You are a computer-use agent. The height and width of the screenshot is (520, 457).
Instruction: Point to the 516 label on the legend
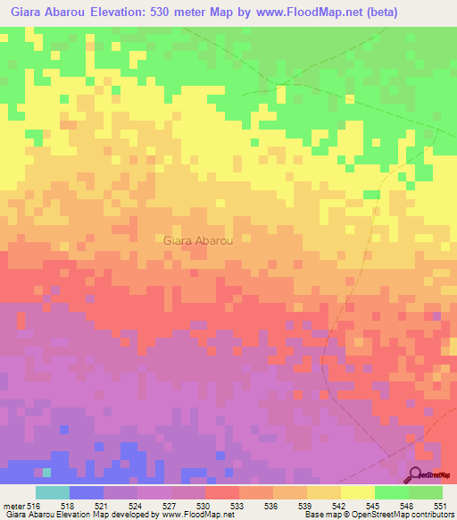pos(34,506)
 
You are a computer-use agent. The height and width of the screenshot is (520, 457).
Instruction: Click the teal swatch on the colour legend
pos(53,492)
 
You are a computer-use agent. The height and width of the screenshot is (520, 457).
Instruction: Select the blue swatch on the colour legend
pos(87,492)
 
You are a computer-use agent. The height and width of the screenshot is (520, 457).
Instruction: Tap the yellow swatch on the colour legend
pos(358,492)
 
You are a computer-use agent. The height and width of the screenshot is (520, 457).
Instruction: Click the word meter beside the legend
pos(12,506)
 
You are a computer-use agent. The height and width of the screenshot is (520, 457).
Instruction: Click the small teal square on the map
pos(47,472)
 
